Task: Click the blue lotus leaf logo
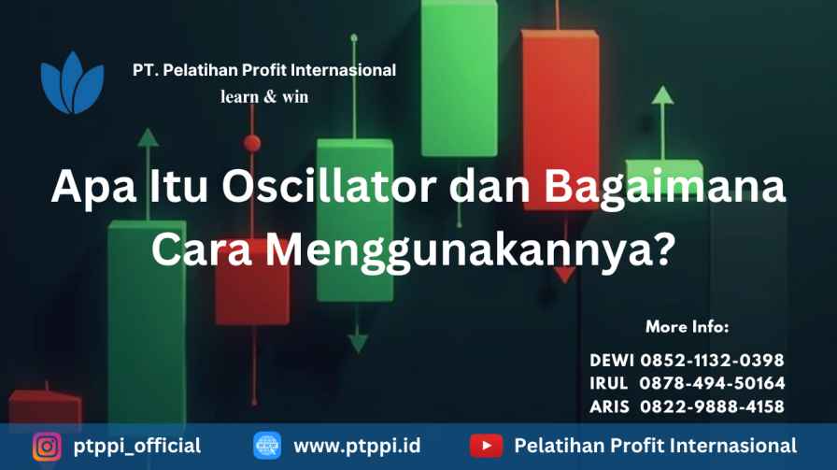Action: (72, 83)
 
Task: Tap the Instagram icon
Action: (47, 446)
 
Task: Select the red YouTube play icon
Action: (487, 446)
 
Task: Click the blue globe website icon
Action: (267, 446)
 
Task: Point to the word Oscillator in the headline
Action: (329, 186)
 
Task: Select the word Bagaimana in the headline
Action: (664, 186)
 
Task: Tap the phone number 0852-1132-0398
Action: (712, 361)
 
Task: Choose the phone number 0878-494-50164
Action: (712, 383)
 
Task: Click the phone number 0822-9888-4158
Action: (712, 407)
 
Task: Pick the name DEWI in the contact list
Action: (612, 361)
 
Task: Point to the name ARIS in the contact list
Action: (610, 407)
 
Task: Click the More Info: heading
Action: (687, 326)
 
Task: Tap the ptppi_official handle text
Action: (137, 447)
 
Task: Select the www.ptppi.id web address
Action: (357, 447)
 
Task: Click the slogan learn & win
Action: (264, 96)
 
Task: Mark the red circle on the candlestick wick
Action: (252, 143)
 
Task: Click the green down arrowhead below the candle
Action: (358, 342)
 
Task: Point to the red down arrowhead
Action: (564, 276)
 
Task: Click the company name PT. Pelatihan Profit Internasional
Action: (264, 70)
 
